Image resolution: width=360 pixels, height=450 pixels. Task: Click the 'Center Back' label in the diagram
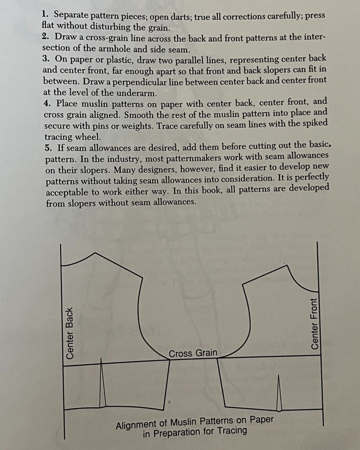(x=70, y=333)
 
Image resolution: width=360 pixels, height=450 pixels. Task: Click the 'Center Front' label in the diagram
(x=315, y=324)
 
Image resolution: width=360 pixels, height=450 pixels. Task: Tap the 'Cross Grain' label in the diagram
(x=193, y=353)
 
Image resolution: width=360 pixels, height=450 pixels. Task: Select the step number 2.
(x=45, y=36)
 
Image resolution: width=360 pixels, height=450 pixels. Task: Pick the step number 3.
(x=46, y=59)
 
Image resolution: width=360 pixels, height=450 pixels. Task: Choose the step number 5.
(x=47, y=147)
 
